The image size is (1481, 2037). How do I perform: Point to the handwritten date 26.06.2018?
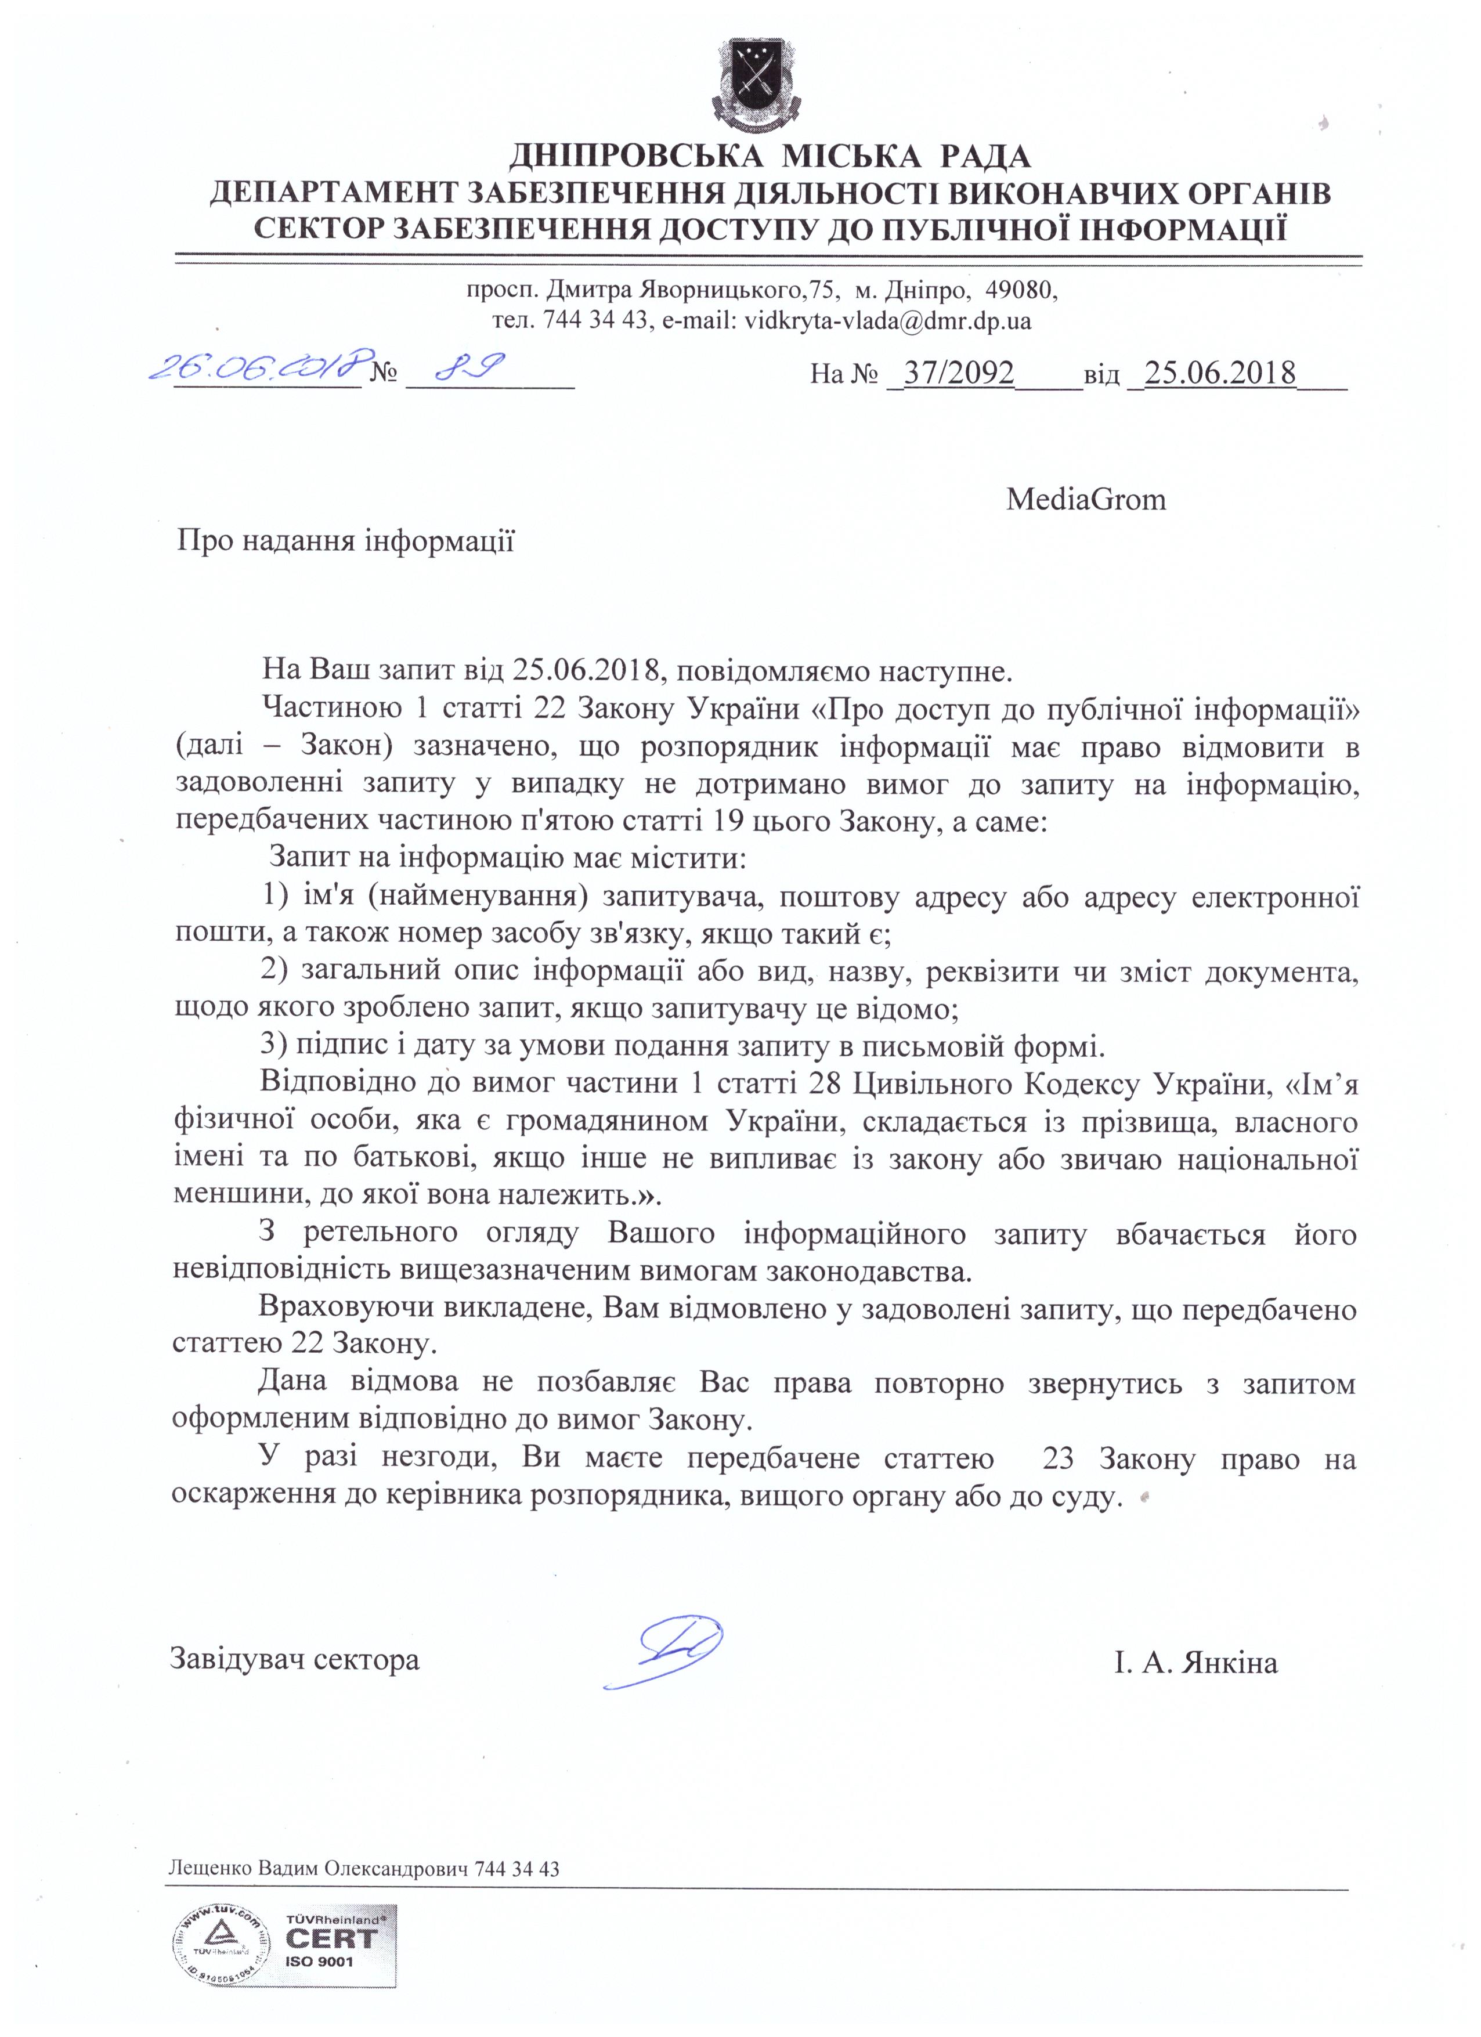click(x=261, y=366)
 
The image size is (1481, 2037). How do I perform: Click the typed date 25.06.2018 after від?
click(x=1220, y=372)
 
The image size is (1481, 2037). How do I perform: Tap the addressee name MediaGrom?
click(x=1086, y=499)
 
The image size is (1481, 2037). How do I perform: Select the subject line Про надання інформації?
click(x=346, y=541)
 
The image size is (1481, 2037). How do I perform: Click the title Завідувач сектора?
click(x=295, y=1658)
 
